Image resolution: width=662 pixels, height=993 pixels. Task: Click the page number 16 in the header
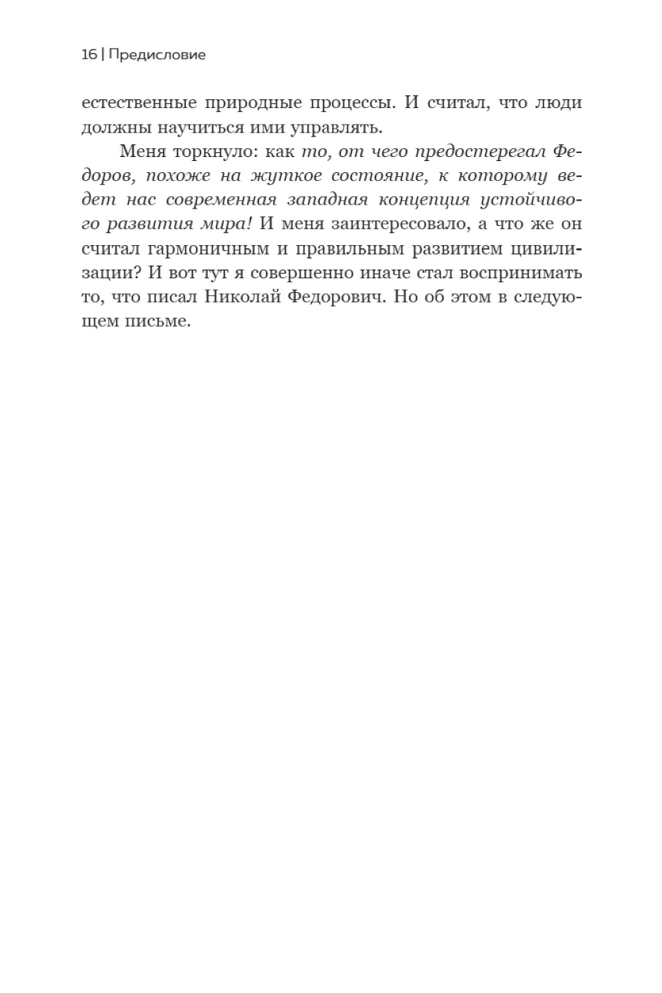pyautogui.click(x=89, y=55)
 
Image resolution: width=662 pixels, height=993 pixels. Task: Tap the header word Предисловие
pyautogui.click(x=156, y=55)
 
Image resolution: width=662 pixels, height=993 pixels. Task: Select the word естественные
pyautogui.click(x=138, y=103)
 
